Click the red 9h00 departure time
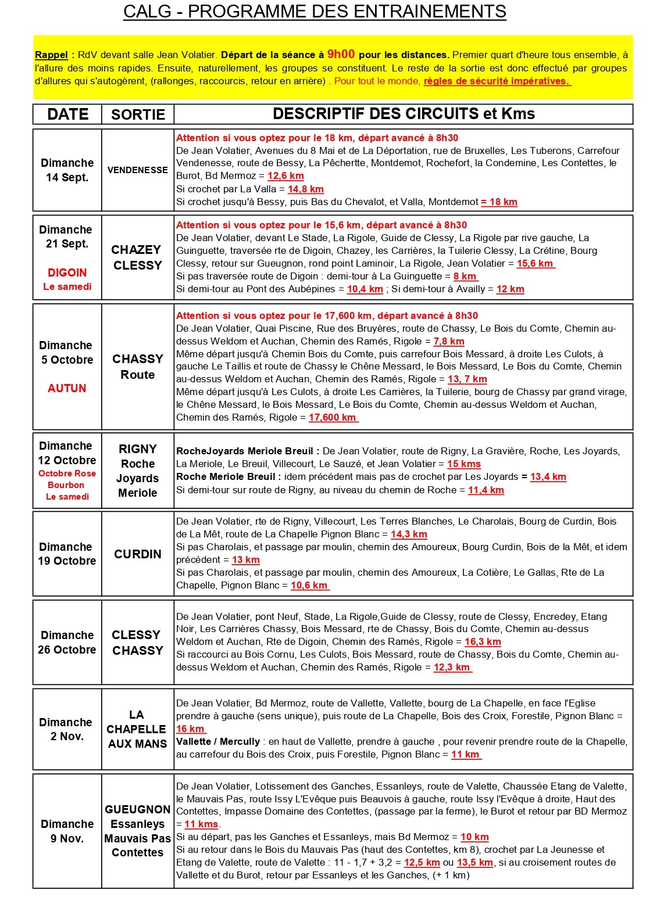tap(341, 54)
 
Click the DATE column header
tap(67, 114)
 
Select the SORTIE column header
tap(138, 114)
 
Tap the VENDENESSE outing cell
tap(138, 170)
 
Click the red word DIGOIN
tap(67, 272)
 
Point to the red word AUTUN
tap(67, 388)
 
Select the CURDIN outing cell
tap(138, 554)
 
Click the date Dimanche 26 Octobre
tap(67, 643)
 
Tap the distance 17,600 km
tap(333, 417)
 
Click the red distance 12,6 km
tap(285, 175)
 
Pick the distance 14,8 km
tap(305, 189)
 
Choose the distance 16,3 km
tap(483, 641)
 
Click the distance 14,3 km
tap(409, 534)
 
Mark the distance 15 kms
tap(463, 464)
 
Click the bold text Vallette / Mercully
tap(218, 741)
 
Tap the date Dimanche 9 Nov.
tap(67, 831)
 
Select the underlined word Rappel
tap(51, 55)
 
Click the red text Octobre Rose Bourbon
tap(67, 479)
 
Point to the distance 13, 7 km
tap(467, 379)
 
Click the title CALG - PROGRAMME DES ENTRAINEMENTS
tap(315, 11)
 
